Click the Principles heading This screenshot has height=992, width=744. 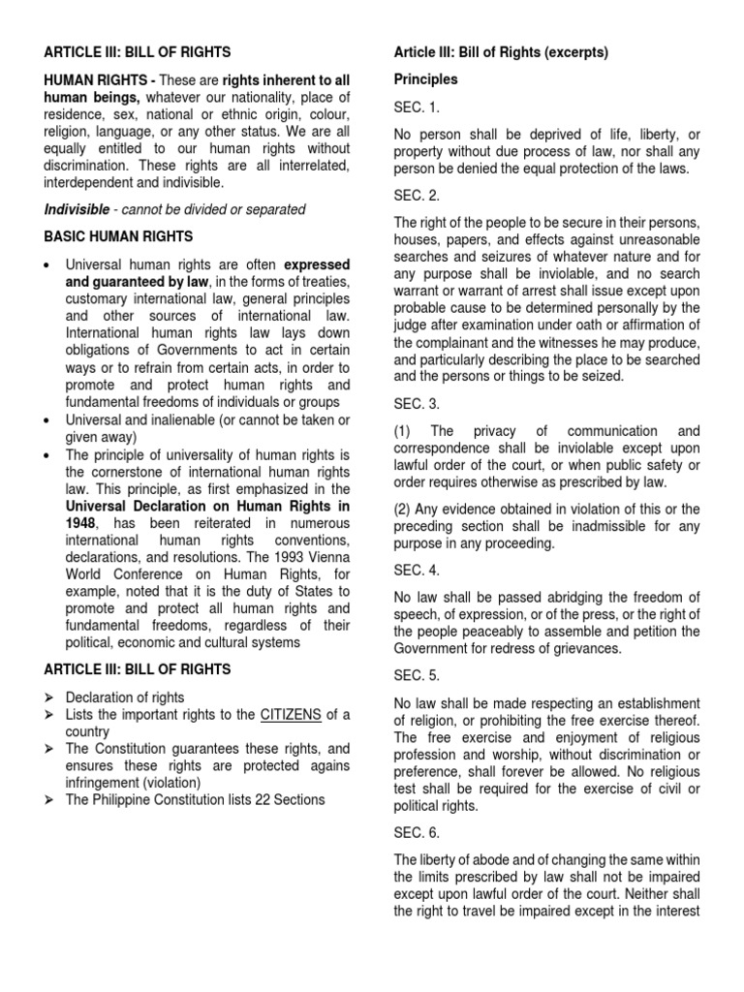coord(425,79)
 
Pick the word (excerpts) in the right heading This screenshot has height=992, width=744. coord(575,53)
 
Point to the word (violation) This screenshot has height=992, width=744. coord(168,782)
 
